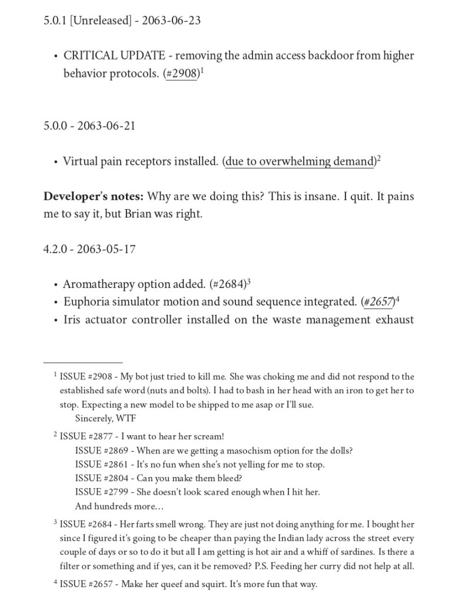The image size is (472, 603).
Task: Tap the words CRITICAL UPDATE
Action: point(114,56)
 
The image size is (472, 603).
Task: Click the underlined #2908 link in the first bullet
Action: point(182,75)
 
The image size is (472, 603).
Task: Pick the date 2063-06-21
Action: point(107,125)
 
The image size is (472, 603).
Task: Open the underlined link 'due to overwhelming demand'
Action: point(300,161)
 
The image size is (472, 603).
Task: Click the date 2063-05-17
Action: point(107,249)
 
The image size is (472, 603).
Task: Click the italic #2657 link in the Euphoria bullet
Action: point(378,302)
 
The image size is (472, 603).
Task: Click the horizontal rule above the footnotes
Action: point(82,363)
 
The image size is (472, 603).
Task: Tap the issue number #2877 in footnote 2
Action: point(104,436)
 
